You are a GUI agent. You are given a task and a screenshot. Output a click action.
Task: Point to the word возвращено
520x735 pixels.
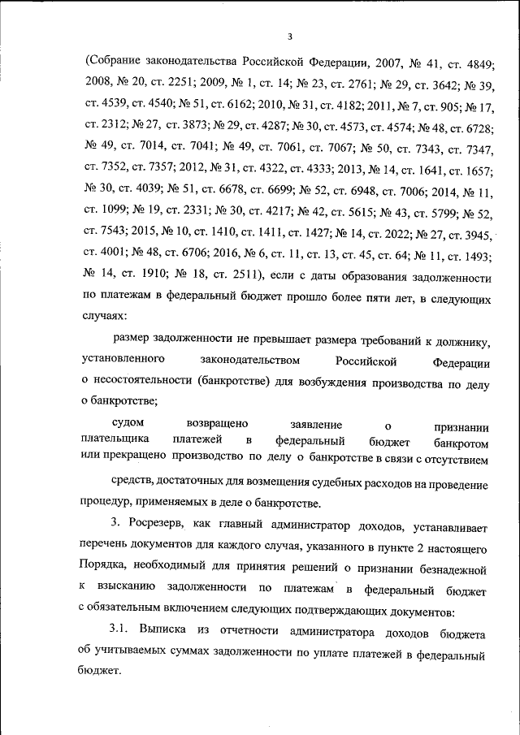coord(217,424)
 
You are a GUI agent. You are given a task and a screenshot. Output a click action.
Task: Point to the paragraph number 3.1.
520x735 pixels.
coord(120,629)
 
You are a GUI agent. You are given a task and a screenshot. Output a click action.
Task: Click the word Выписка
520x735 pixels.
coord(165,629)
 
